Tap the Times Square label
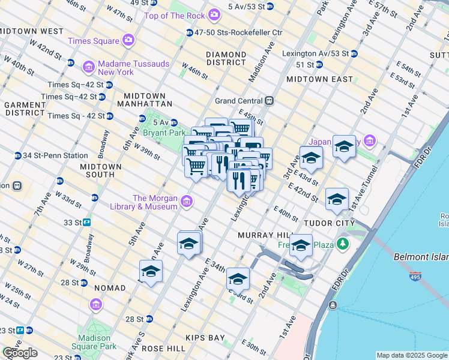(93, 41)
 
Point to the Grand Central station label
(238, 101)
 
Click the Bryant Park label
(163, 133)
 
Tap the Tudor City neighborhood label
(324, 223)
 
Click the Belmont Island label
(420, 257)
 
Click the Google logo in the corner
(19, 353)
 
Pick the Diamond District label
(226, 59)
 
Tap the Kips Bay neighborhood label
(205, 338)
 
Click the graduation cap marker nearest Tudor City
(337, 199)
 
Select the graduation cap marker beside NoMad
(151, 271)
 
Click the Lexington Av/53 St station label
(315, 53)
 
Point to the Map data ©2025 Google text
(412, 355)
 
